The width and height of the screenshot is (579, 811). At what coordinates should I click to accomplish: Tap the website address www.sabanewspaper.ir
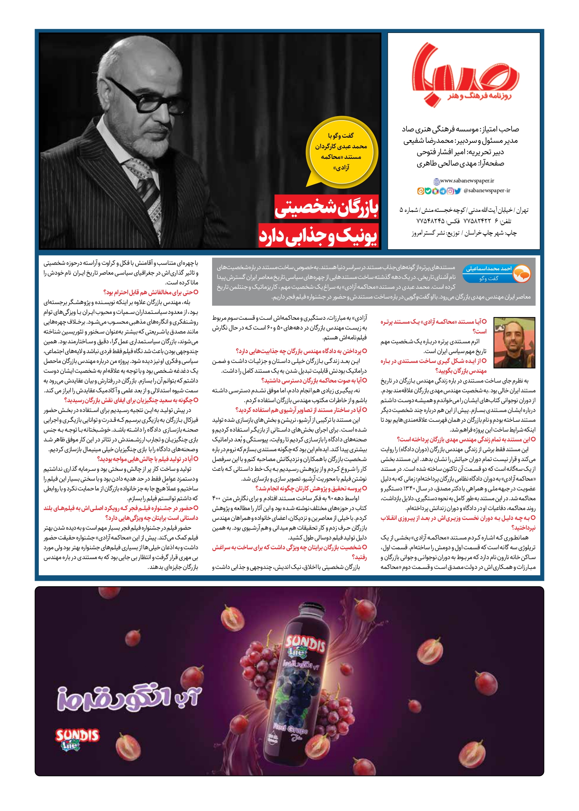coord(466,181)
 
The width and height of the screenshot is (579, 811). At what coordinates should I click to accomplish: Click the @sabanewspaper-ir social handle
coord(486,191)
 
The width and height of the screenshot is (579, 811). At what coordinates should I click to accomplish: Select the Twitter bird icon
coord(457,191)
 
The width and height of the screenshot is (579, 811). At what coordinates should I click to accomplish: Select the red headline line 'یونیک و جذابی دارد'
coord(318,236)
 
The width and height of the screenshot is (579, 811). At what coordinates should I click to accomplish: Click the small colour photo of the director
coord(514,343)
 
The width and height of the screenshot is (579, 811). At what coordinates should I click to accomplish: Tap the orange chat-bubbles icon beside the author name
coord(521,274)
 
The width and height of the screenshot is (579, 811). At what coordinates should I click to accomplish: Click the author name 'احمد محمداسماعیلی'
coord(488,269)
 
